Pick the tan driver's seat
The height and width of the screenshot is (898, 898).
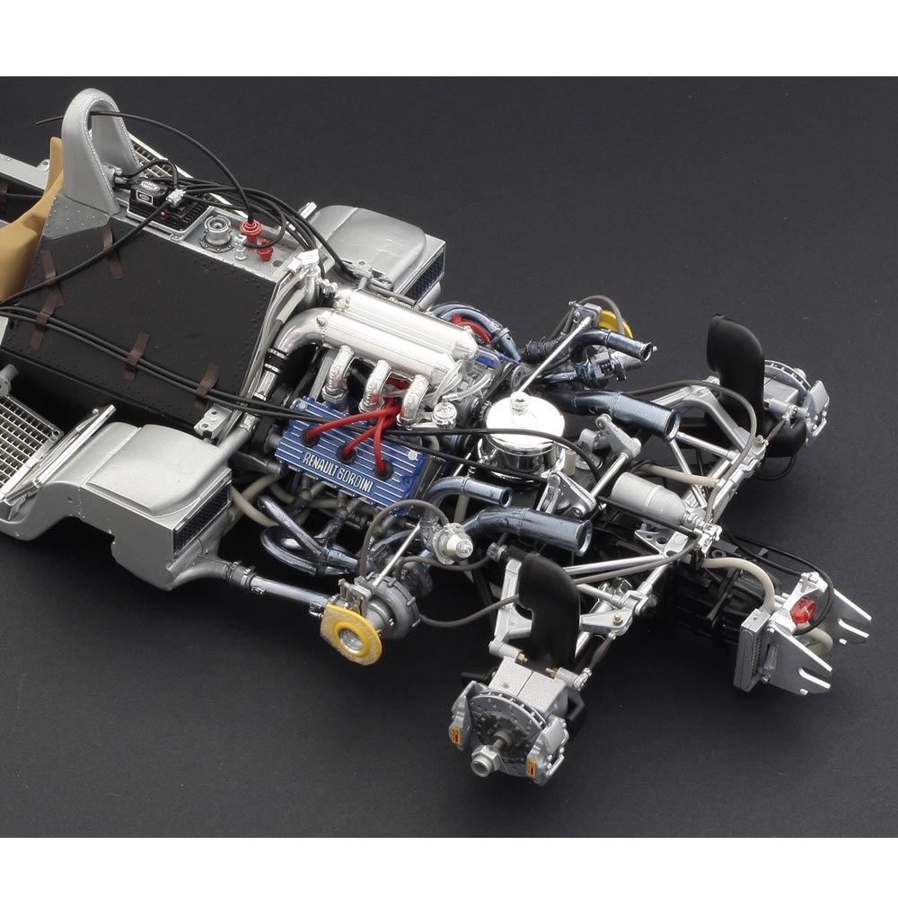pos(29,229)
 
